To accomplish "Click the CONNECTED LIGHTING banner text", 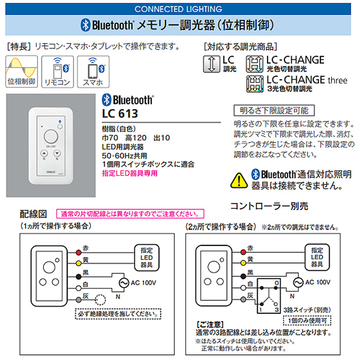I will [x=178, y=9].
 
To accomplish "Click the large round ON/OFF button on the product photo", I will [x=50, y=136].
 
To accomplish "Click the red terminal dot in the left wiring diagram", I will [x=78, y=251].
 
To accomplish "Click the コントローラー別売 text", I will [x=269, y=206].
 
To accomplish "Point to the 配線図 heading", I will [x=33, y=213].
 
